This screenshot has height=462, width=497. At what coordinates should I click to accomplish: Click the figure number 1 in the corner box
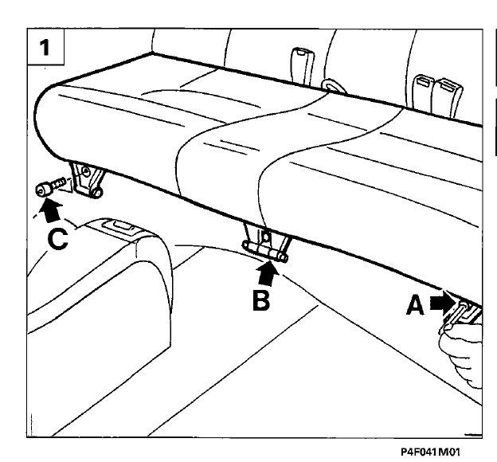pos(46,46)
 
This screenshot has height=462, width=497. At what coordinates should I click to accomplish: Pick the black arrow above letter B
pos(269,272)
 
